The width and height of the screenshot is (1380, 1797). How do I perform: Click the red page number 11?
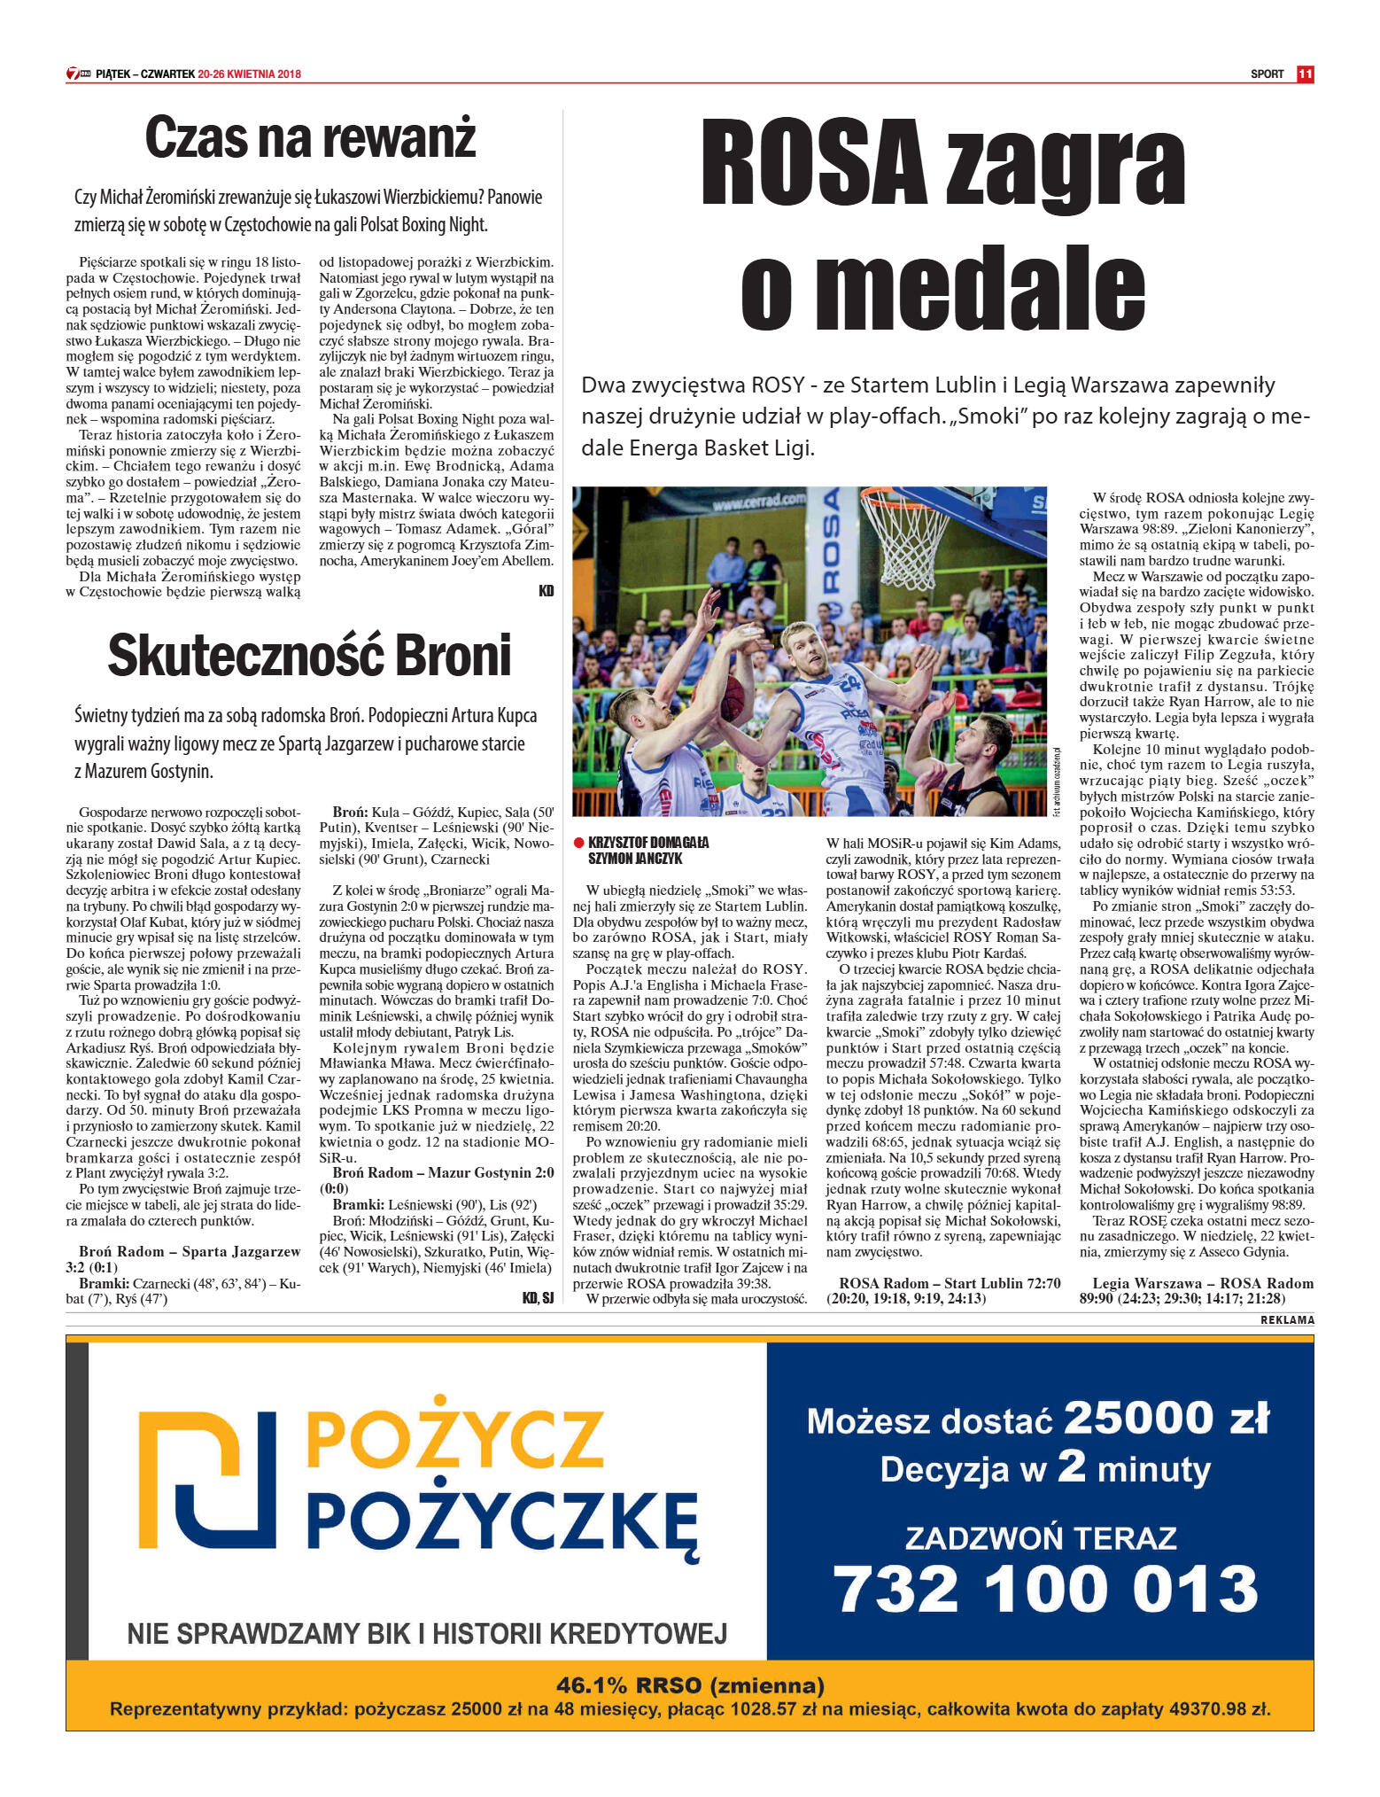1304,74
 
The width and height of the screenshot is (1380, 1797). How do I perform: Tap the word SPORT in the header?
1267,74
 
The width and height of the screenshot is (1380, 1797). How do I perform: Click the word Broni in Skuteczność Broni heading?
453,656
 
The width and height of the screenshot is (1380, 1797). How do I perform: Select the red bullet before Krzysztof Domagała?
578,843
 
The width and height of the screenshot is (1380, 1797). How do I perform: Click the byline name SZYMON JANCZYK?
635,859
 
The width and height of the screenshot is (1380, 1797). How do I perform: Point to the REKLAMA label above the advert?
1287,1320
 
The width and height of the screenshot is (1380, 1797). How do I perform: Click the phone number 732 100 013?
1045,1588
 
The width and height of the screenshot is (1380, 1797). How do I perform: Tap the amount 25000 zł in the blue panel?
1166,1419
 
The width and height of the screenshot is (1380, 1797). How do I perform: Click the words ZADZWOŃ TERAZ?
1041,1538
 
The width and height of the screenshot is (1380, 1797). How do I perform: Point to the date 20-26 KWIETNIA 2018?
250,74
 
